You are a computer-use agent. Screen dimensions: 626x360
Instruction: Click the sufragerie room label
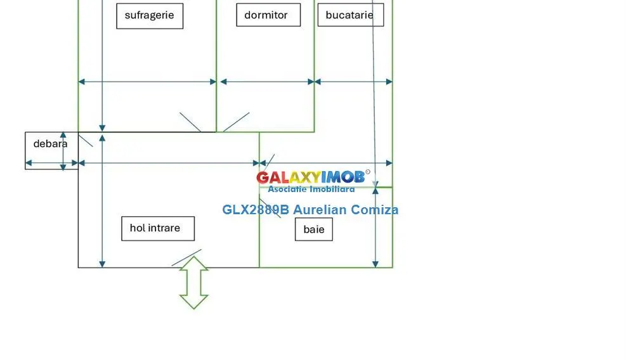pos(150,16)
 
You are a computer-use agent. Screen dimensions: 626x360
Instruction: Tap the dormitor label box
pos(268,15)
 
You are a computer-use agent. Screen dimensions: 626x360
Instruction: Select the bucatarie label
pos(351,15)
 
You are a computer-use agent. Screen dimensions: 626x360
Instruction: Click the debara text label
pos(50,144)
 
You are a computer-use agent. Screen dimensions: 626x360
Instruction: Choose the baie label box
pos(314,229)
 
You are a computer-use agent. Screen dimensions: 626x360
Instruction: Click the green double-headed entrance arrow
pos(194,283)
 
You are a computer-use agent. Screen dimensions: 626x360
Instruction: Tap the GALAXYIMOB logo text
pos(311,177)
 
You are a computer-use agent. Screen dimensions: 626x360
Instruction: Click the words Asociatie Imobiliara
pos(311,189)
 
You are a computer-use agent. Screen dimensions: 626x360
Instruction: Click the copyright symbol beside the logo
pos(368,172)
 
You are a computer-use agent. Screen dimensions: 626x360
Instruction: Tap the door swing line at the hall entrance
pos(186,258)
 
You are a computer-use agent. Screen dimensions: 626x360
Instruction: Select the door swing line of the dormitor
pos(237,122)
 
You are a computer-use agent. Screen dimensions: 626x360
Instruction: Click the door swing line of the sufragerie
pos(190,122)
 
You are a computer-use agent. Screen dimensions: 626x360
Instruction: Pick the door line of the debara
pos(86,141)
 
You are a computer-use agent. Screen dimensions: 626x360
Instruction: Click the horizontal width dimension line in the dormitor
pos(268,82)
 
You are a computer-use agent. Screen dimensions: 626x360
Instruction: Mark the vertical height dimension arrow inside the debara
pos(63,151)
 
